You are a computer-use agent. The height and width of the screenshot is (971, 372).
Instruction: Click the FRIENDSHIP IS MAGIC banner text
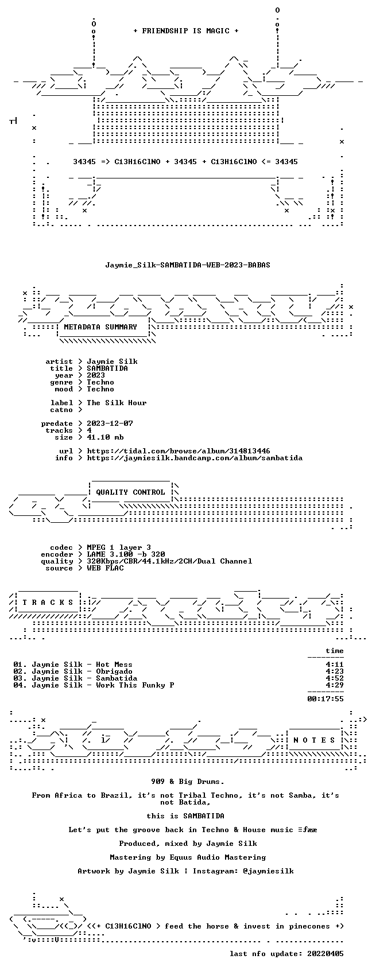tap(186, 31)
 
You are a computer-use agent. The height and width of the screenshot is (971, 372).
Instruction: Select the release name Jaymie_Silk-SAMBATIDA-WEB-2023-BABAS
tap(188, 265)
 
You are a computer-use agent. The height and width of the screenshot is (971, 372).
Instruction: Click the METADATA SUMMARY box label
tap(100, 327)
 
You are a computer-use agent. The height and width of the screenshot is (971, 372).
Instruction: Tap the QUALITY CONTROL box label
tap(130, 492)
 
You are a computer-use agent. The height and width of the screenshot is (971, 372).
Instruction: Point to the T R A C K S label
tap(48, 602)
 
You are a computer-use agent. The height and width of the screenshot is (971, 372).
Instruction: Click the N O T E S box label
tap(315, 740)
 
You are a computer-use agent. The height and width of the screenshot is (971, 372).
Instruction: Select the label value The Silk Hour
tap(117, 403)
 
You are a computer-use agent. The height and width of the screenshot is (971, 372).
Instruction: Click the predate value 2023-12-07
tap(110, 424)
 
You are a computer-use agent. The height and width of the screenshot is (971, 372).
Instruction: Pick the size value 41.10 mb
tap(106, 437)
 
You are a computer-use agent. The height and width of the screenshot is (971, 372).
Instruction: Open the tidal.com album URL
tap(178, 451)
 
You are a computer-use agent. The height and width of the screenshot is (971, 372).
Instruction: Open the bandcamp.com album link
tap(195, 458)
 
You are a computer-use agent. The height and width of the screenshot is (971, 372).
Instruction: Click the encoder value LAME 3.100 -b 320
tap(126, 554)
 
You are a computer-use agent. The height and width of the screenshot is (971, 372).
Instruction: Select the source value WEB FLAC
tap(106, 568)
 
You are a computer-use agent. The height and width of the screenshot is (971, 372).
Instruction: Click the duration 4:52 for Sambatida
tap(335, 678)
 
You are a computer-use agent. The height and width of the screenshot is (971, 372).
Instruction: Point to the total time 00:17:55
tap(325, 699)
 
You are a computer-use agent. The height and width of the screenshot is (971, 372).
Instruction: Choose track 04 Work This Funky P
tap(94, 685)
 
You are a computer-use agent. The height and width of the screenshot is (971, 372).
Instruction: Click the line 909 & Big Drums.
tap(188, 782)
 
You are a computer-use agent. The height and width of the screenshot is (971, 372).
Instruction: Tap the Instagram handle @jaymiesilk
tap(268, 871)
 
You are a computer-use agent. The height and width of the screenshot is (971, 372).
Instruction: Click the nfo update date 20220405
tap(325, 954)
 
